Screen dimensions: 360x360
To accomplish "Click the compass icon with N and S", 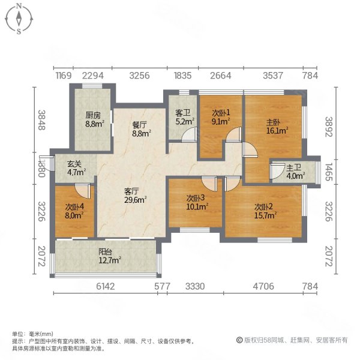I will [19, 18].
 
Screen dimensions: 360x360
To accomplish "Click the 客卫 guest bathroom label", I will [182, 113].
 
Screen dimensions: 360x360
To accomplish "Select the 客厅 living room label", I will [132, 191].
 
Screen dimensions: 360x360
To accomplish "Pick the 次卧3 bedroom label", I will [196, 197].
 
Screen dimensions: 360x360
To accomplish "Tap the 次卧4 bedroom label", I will [74, 207].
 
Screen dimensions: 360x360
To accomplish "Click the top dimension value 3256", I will [139, 76].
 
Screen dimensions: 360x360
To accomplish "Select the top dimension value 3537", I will [274, 76].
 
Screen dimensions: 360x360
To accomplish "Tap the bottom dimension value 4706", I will [263, 287].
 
